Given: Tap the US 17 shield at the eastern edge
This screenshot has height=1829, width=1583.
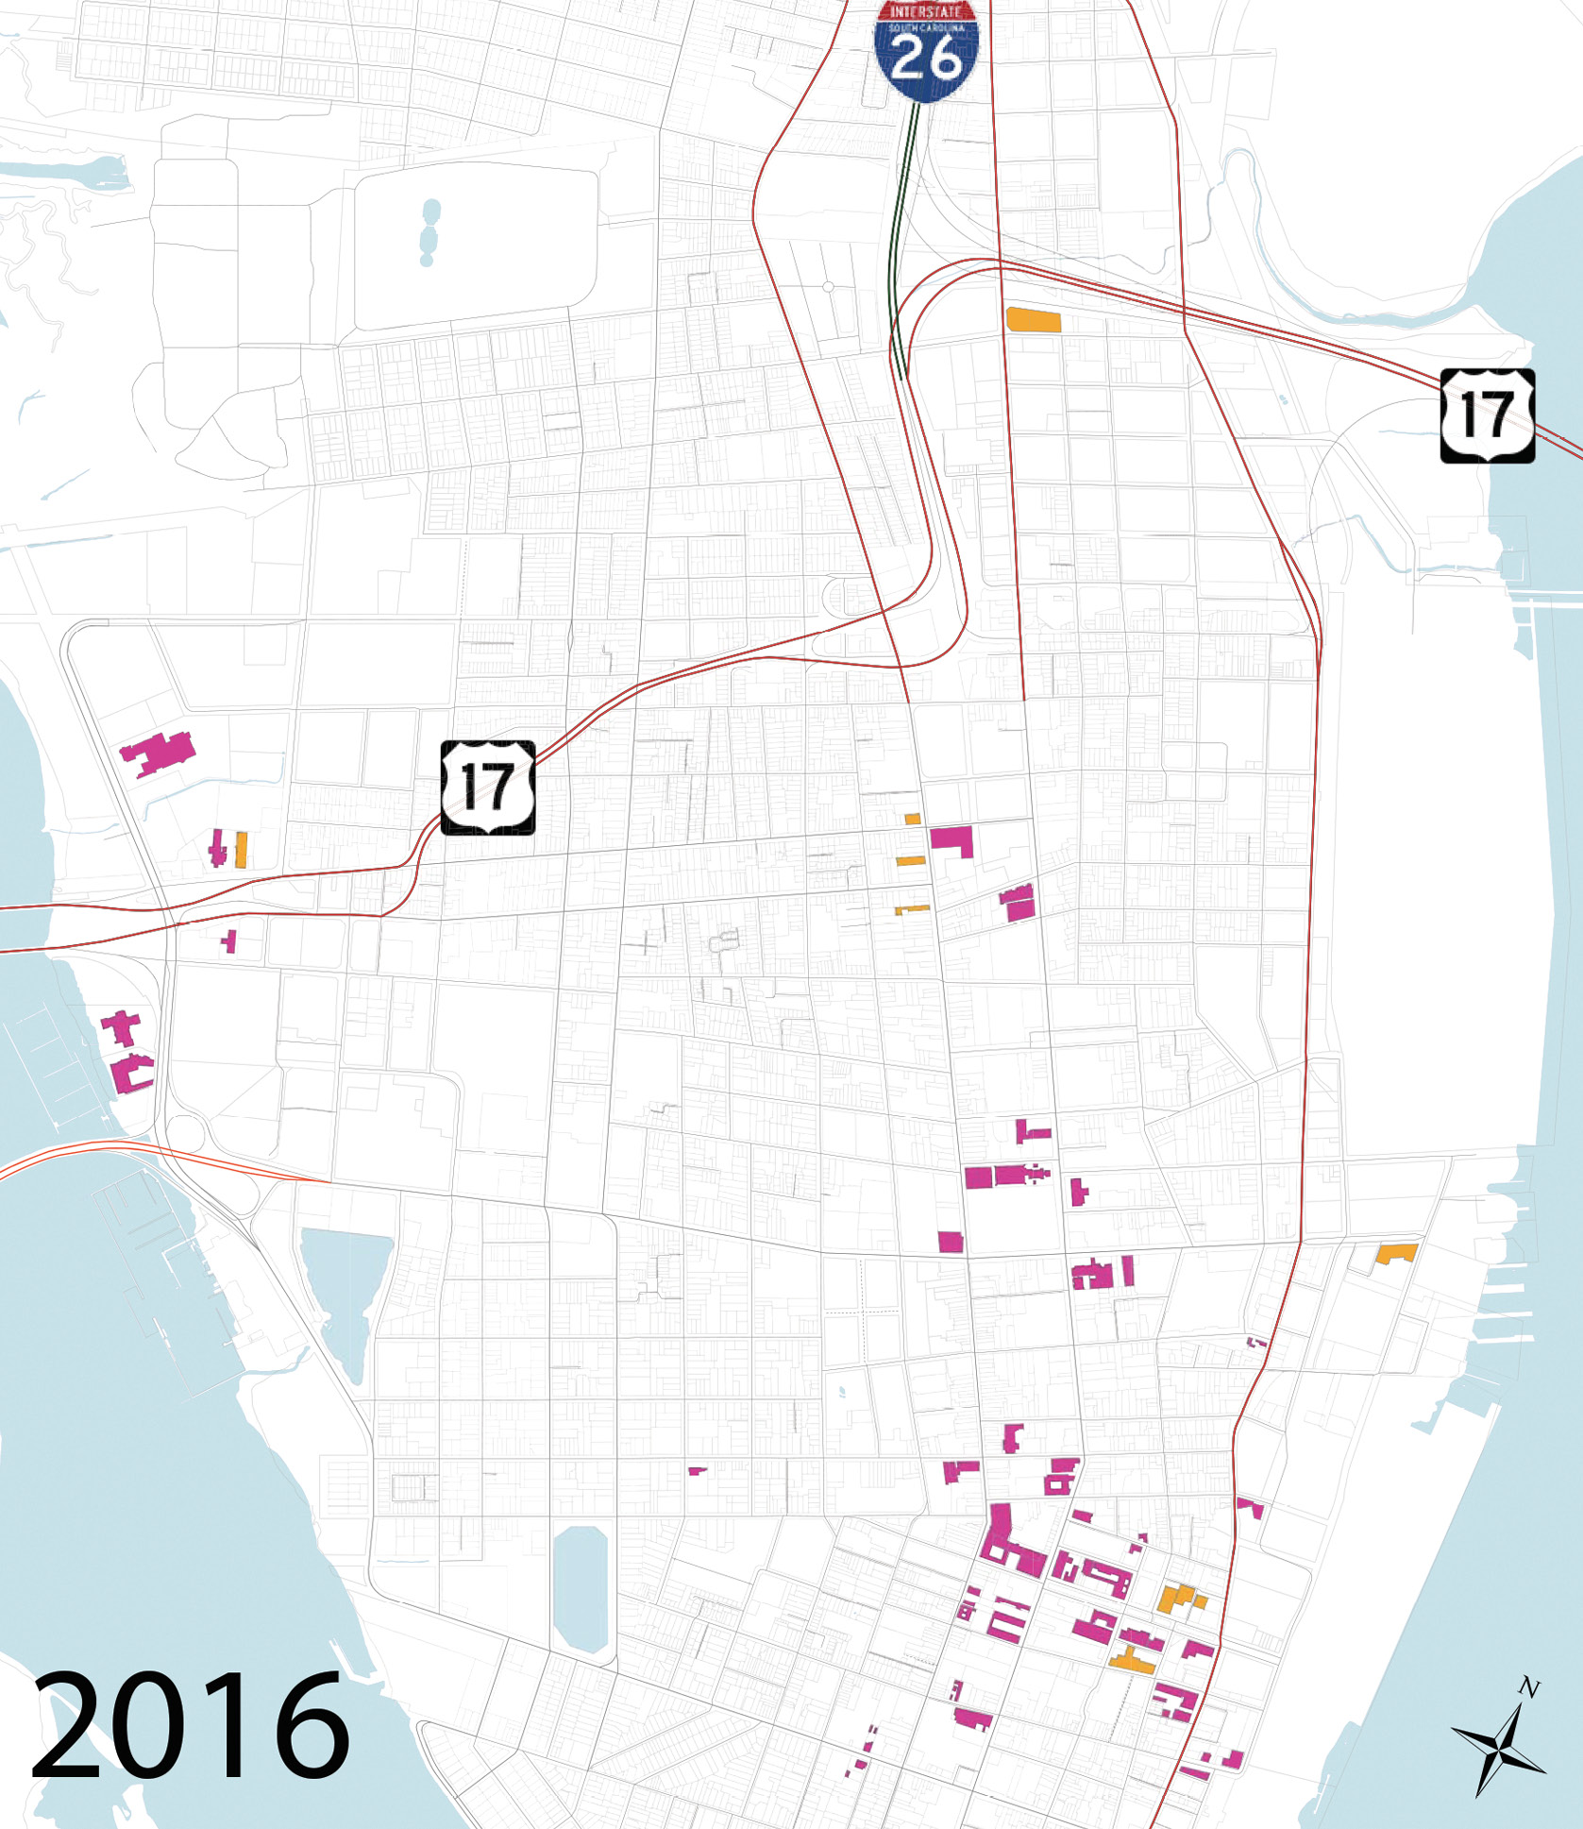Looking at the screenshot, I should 1487,415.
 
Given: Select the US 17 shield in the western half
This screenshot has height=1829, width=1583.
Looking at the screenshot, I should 487,787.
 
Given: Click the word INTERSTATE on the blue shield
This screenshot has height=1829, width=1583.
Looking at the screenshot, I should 925,11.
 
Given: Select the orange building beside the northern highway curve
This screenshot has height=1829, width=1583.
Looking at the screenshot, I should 1034,319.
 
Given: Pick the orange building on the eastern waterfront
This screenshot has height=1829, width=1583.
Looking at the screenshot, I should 1396,1254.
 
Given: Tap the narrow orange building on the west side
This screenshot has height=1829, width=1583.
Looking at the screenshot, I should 241,849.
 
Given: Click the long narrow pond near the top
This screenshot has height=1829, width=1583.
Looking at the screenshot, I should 430,232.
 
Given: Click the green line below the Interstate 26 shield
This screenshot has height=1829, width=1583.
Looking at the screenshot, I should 905,236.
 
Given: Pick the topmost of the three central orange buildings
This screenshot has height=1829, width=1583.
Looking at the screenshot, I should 913,819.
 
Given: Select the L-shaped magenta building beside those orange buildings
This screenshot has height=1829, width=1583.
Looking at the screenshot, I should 952,839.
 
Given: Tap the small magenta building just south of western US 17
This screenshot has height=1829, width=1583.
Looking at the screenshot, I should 229,940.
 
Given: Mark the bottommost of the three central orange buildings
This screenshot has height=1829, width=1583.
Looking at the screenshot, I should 912,909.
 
